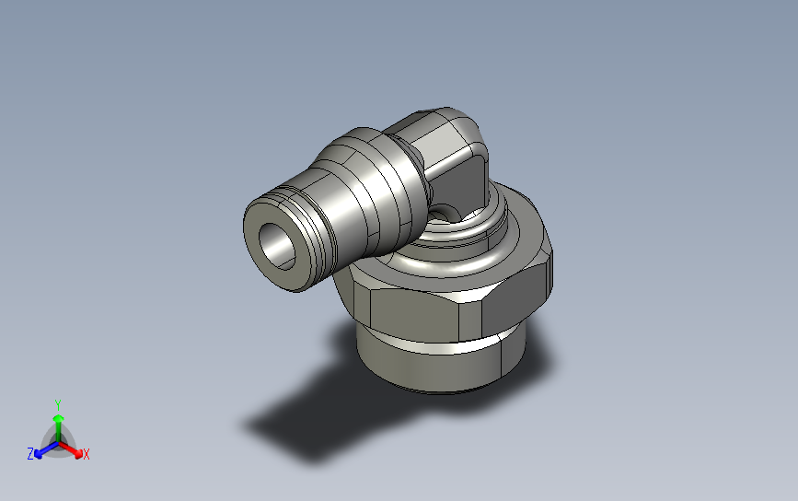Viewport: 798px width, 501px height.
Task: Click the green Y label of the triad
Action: pos(58,405)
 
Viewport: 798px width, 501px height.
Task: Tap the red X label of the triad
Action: pos(86,454)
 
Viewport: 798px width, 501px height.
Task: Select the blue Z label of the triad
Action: pos(30,454)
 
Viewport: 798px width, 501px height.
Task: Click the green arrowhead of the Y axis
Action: pos(59,419)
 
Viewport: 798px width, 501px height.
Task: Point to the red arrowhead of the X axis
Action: pos(78,453)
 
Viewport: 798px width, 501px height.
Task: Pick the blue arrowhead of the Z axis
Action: pos(38,454)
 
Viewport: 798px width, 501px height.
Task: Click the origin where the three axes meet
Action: pos(59,442)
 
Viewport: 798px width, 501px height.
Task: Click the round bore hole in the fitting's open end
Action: pos(277,246)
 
